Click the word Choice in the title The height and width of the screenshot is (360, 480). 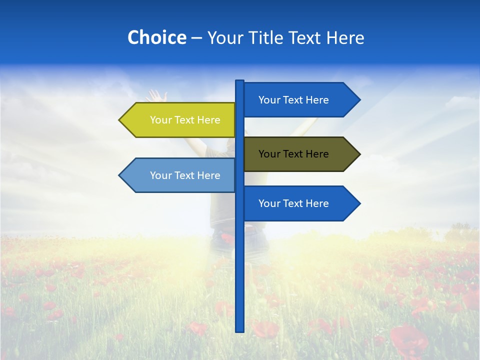[x=156, y=37]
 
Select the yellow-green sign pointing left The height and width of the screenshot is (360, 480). [x=180, y=120]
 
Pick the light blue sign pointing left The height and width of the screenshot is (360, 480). [x=180, y=175]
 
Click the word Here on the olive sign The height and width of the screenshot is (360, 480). [x=316, y=154]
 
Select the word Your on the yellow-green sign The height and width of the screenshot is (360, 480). [x=160, y=120]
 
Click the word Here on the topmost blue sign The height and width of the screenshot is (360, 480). [x=316, y=100]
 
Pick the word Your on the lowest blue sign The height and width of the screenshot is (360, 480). [x=269, y=203]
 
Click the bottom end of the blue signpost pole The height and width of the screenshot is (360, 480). [x=239, y=329]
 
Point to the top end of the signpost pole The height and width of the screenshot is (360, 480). [x=239, y=82]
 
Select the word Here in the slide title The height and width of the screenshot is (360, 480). [x=345, y=37]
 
